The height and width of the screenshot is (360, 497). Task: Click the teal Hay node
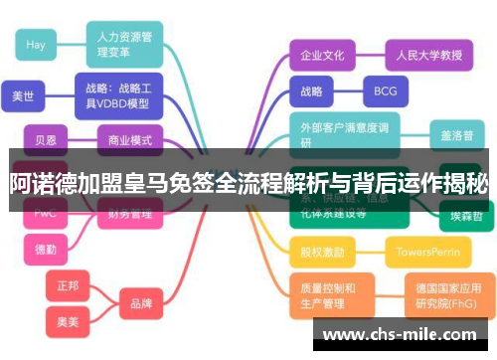36,45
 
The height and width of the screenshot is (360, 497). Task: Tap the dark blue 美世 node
23,96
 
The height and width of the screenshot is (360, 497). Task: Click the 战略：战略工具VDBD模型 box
117,95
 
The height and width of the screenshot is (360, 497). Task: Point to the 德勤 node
46,249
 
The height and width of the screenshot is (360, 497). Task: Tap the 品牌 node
140,302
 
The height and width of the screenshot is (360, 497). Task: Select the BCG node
385,91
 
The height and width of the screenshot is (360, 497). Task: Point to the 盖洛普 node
457,134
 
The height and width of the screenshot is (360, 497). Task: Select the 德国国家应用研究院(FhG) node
446,296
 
